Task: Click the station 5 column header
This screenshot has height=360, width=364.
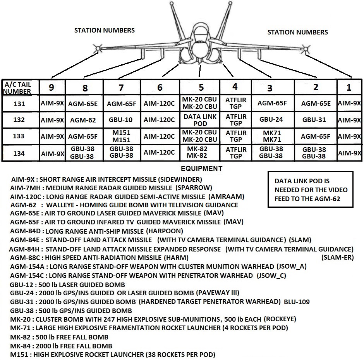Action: [x=200, y=87]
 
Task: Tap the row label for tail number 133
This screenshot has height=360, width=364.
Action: [x=19, y=136]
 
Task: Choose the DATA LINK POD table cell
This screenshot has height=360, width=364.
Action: [x=200, y=120]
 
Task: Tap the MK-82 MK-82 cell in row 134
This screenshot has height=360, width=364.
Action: [x=200, y=153]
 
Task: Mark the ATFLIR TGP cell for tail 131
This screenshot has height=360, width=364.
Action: [x=235, y=103]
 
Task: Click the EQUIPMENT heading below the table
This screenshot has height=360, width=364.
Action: [x=201, y=169]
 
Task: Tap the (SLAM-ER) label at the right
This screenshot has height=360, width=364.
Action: [x=337, y=257]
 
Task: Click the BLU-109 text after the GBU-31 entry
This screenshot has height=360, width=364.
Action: [x=297, y=301]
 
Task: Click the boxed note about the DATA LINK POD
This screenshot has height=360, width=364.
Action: [x=311, y=190]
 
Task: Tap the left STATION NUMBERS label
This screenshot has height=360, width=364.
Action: [x=105, y=30]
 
